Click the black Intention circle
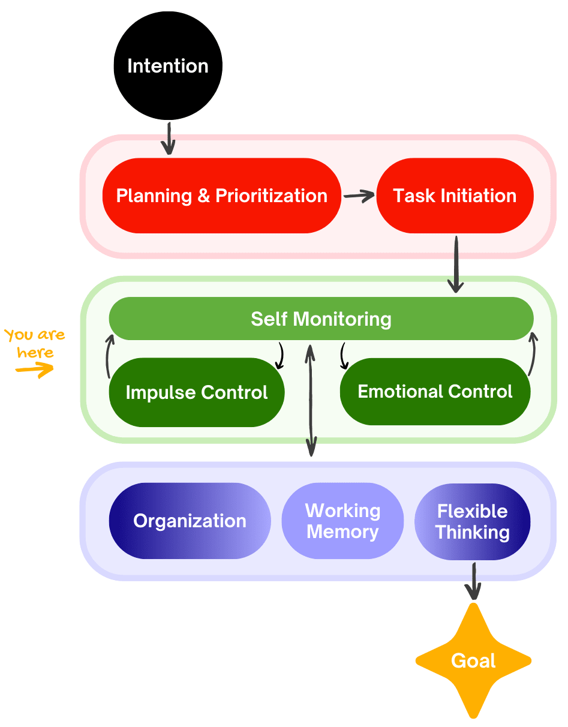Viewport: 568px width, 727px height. [x=168, y=66]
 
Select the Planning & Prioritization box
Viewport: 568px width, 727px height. [x=221, y=196]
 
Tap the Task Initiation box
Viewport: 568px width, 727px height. [x=455, y=196]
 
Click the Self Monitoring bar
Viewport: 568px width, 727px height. [x=321, y=319]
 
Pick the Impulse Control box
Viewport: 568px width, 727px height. [x=196, y=392]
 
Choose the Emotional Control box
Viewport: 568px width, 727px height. [x=435, y=392]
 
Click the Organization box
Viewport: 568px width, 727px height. [x=190, y=521]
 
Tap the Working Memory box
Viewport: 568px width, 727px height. [x=342, y=521]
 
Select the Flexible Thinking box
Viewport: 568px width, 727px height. [x=473, y=521]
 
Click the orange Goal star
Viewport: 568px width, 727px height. [x=473, y=660]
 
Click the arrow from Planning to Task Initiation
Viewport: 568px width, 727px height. [x=359, y=196]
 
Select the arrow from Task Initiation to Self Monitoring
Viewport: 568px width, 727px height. [x=456, y=264]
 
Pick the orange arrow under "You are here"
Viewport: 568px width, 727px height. [x=34, y=370]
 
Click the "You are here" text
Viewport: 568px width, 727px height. [x=35, y=343]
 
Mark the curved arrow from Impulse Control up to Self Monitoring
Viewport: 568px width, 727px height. [x=109, y=356]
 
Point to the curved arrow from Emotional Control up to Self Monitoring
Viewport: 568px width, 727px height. [x=533, y=355]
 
